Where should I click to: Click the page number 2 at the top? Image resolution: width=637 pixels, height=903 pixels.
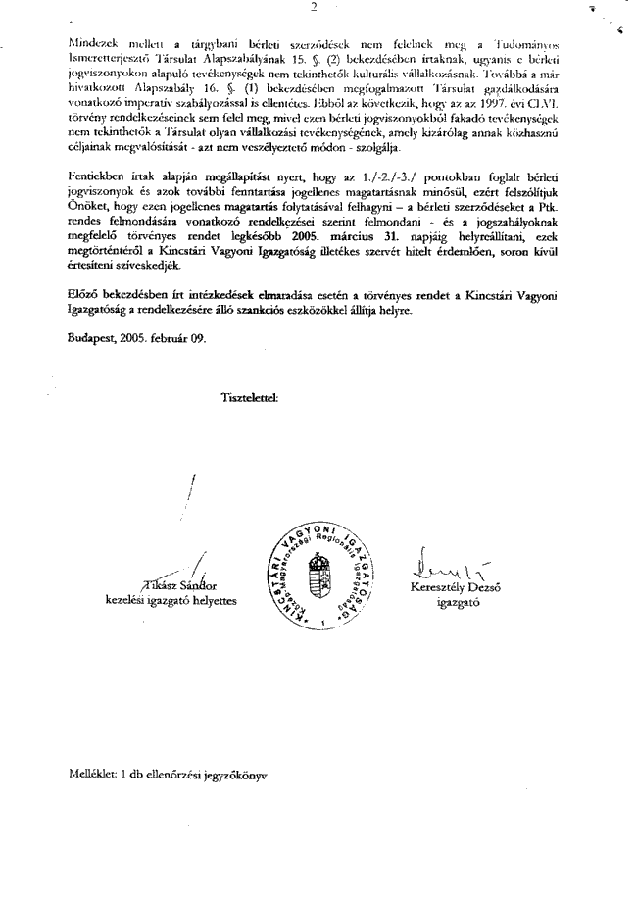tap(313, 7)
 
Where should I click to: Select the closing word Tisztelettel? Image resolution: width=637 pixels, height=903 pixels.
tap(252, 397)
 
